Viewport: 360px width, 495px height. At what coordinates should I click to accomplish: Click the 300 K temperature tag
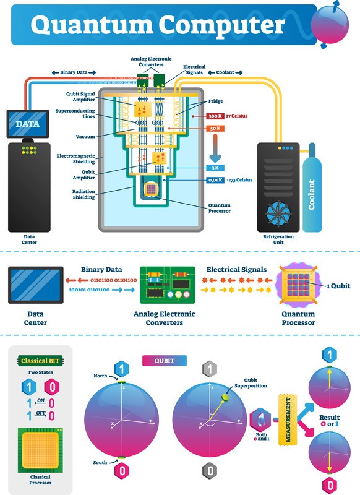(x=215, y=116)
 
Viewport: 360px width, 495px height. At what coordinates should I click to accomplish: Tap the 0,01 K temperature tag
(x=215, y=180)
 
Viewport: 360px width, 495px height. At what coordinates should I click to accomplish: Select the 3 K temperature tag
(x=215, y=168)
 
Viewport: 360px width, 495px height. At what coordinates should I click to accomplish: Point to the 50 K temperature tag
(x=215, y=128)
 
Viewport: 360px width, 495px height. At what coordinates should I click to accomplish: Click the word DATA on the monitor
(x=28, y=124)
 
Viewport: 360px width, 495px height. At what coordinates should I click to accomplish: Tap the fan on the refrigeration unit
(x=278, y=213)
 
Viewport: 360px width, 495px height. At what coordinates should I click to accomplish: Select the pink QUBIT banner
(x=165, y=361)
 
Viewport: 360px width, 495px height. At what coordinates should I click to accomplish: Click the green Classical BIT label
(x=40, y=361)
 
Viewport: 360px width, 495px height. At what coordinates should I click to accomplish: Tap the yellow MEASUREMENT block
(x=288, y=420)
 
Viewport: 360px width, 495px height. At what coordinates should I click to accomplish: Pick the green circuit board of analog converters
(x=167, y=285)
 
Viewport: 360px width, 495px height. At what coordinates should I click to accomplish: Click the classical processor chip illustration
(x=40, y=450)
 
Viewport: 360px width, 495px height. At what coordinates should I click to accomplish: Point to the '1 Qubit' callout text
(x=338, y=286)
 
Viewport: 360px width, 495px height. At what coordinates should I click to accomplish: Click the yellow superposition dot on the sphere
(x=225, y=397)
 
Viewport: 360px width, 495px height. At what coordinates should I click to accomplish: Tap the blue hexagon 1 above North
(x=121, y=369)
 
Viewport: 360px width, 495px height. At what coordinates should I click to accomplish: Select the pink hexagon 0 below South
(x=122, y=471)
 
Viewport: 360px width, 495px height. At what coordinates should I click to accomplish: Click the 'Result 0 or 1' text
(x=330, y=421)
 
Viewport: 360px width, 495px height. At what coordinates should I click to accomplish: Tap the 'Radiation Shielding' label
(x=84, y=194)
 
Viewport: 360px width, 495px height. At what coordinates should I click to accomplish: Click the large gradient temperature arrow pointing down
(x=215, y=148)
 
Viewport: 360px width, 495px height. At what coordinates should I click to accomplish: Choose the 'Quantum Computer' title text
(x=158, y=25)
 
